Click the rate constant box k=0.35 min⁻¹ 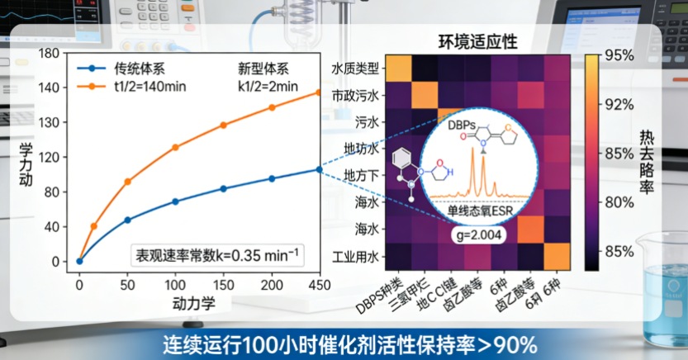217,254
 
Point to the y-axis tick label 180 49,53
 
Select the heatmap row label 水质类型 354,67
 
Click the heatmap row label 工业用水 354,256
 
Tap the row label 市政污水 354,96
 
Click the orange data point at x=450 318,92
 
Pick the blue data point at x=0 79,261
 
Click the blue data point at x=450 318,170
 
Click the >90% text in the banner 506,342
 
